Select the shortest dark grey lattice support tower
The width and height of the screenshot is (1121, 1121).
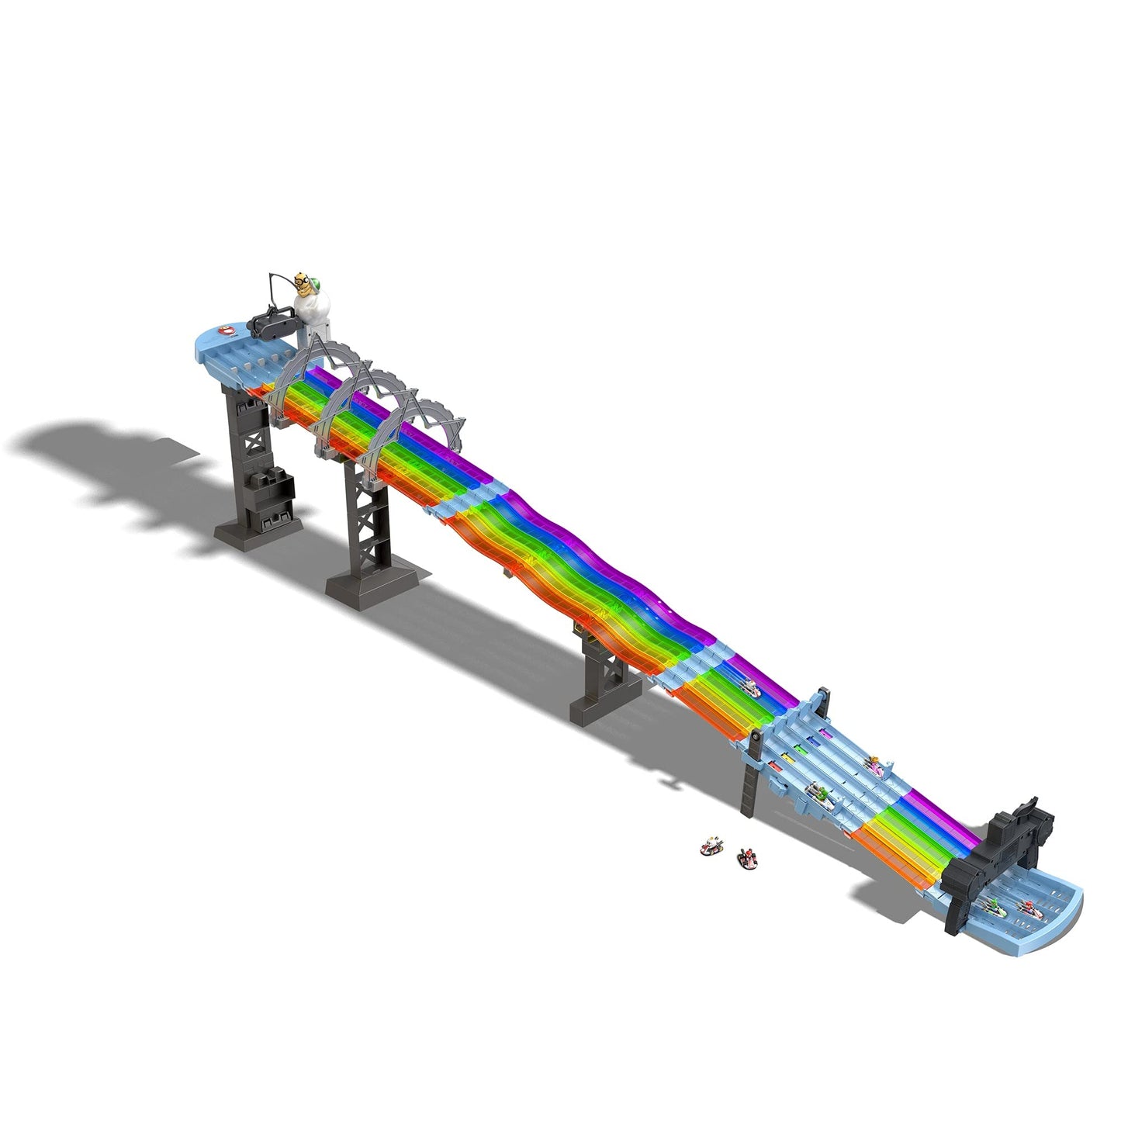(601, 683)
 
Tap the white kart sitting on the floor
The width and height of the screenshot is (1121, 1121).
(710, 846)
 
